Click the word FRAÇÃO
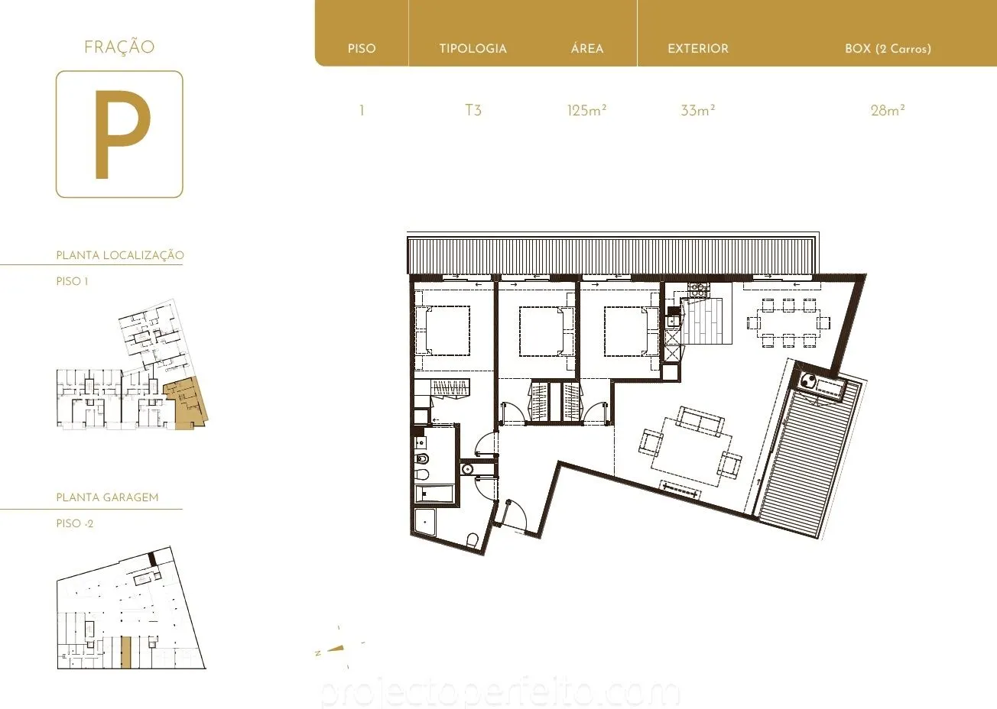tap(119, 47)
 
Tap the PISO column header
tap(362, 48)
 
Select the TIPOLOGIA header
tap(473, 48)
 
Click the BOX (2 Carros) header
tap(888, 48)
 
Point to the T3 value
tap(473, 110)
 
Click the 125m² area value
tap(586, 110)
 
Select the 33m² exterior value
tap(698, 110)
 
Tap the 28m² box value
tap(888, 110)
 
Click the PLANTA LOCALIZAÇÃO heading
tap(120, 255)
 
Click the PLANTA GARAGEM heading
tap(107, 497)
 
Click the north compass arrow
tap(336, 649)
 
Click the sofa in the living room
tap(700, 420)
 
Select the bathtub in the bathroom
tap(434, 494)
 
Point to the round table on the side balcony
tap(808, 380)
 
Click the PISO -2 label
tap(75, 523)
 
